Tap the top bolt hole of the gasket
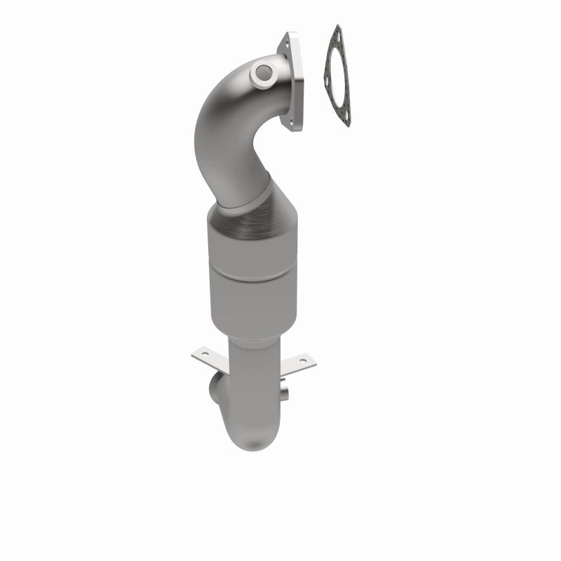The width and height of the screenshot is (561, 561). [339, 33]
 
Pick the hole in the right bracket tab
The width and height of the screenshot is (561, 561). [304, 361]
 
